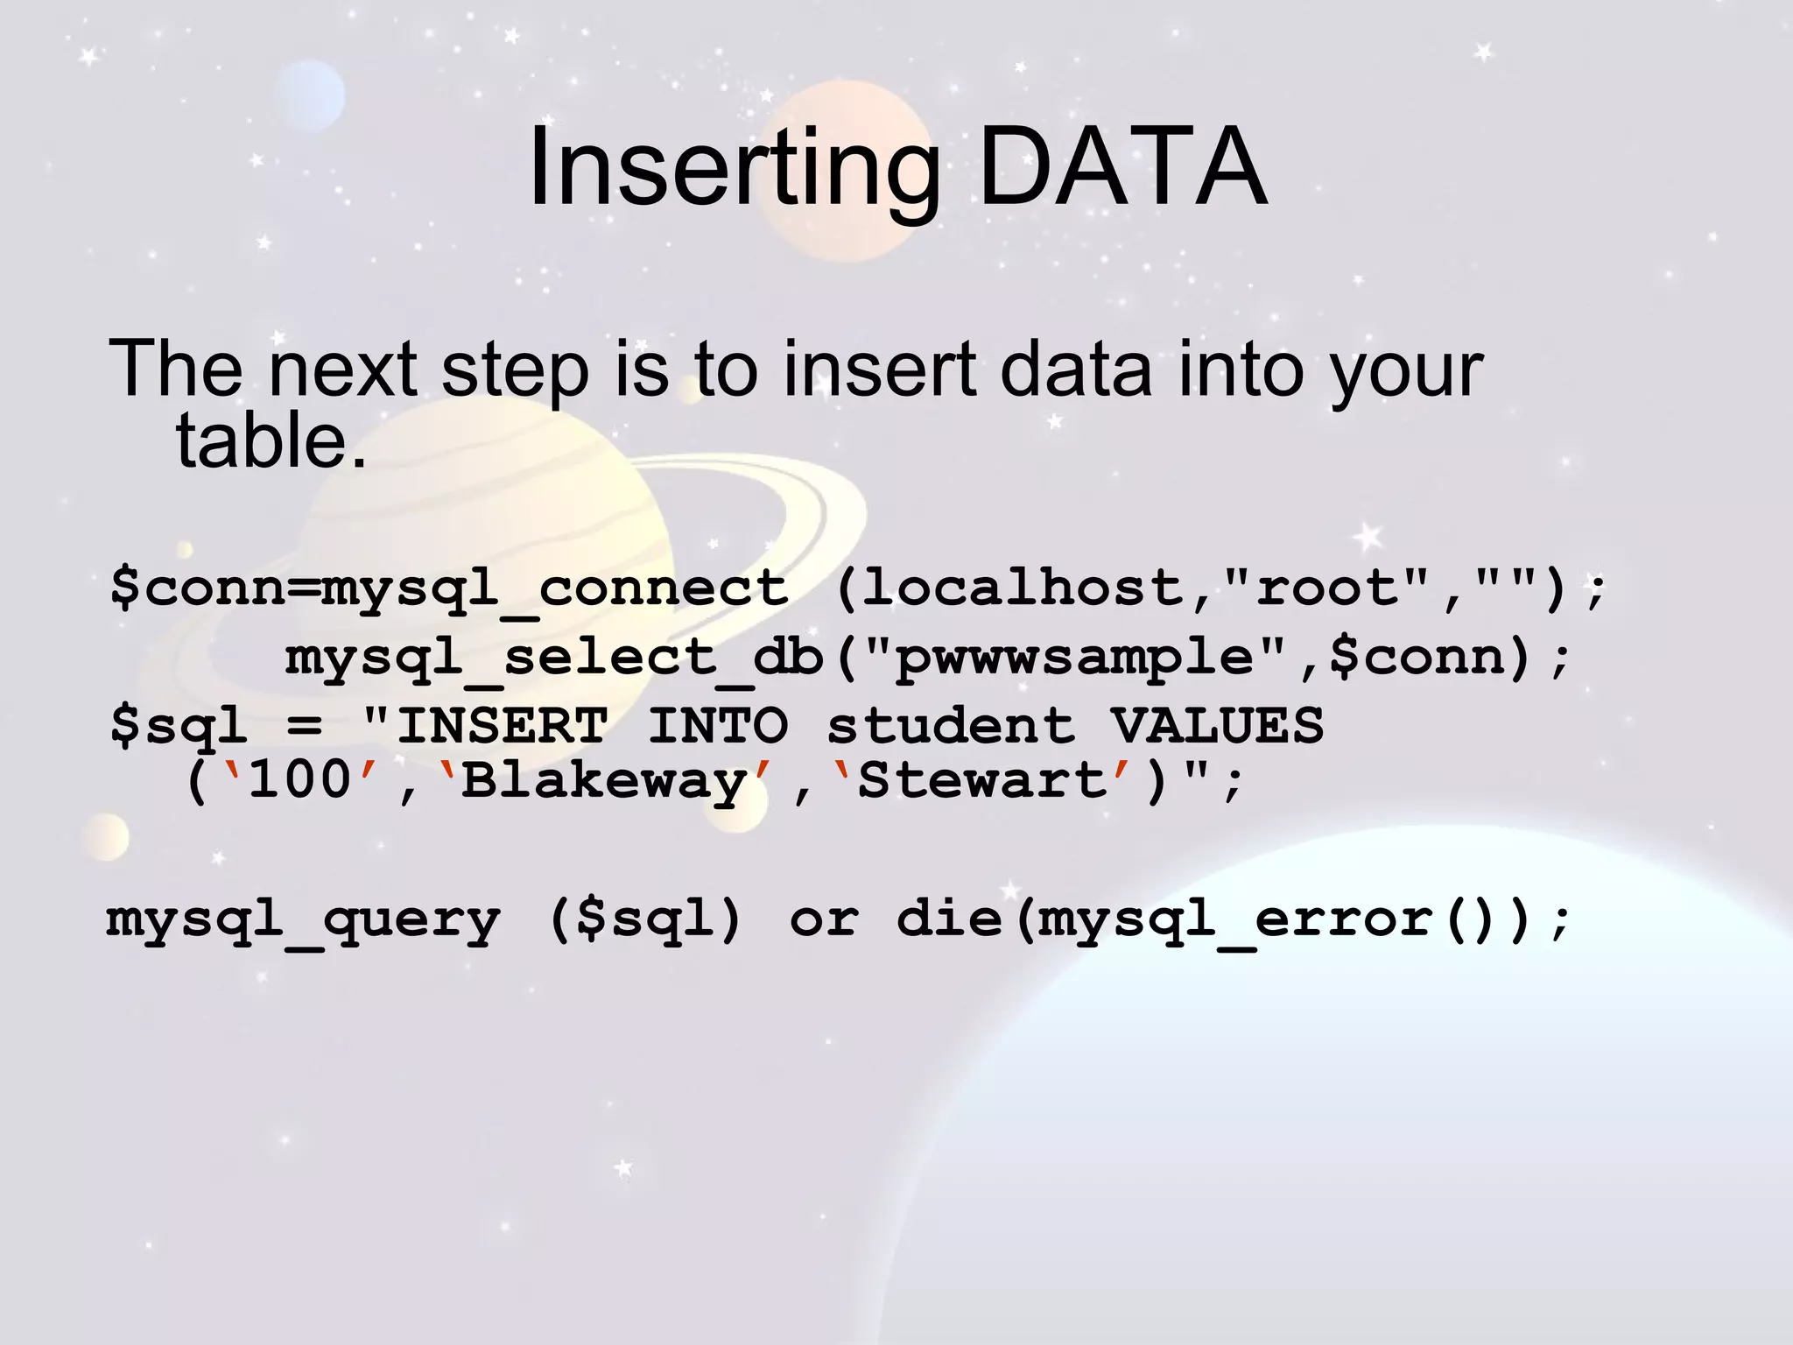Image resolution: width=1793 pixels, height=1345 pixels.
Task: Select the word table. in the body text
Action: (x=271, y=440)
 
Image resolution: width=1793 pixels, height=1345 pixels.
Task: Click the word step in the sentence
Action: (x=515, y=370)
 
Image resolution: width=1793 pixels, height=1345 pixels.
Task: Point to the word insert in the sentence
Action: (x=879, y=370)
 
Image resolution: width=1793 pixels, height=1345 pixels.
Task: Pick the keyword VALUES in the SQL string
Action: (x=1217, y=727)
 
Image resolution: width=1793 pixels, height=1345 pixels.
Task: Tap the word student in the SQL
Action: (x=950, y=727)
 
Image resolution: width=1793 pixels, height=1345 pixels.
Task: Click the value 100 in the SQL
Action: (x=299, y=779)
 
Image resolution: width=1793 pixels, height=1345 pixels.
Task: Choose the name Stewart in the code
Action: (x=982, y=779)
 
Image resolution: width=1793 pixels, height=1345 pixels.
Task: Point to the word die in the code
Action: (x=949, y=919)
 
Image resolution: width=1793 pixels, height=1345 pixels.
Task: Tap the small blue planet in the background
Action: (x=311, y=95)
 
